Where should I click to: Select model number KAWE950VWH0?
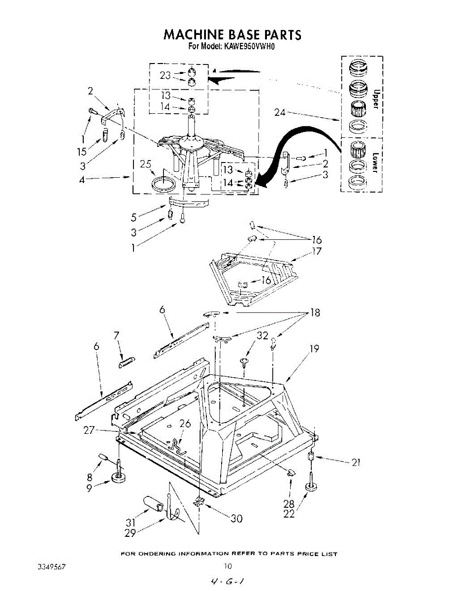[252, 47]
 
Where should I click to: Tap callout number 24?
[280, 112]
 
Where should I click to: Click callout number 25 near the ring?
[145, 164]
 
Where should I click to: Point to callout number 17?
[316, 251]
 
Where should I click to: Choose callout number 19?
[313, 349]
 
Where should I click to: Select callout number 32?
[262, 335]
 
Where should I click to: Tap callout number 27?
[89, 430]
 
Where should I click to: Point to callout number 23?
[165, 75]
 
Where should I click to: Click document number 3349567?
[52, 567]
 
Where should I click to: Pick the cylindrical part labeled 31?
[153, 506]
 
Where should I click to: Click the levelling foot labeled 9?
[120, 477]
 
